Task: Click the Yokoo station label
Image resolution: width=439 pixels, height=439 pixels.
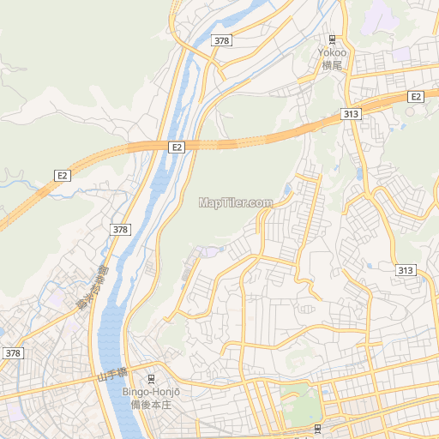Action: (332, 51)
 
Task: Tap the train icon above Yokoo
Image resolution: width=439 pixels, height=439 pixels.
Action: (333, 39)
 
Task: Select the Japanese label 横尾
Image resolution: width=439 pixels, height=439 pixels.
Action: (332, 63)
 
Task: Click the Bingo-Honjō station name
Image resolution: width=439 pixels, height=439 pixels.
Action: (152, 392)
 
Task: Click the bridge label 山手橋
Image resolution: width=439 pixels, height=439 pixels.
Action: (111, 374)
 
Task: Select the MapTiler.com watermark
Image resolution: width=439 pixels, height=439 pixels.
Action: (235, 203)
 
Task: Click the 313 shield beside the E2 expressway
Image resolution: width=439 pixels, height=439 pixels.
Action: (350, 113)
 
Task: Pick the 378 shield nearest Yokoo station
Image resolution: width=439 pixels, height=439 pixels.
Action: (222, 40)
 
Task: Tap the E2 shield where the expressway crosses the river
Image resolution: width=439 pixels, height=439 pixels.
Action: (177, 147)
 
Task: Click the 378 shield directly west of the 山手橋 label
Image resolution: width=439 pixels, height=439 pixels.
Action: (12, 353)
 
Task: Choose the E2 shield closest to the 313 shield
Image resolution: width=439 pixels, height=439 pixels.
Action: (416, 96)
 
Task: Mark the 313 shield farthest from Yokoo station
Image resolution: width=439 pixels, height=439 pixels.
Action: (406, 270)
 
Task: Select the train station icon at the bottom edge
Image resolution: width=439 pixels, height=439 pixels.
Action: (317, 428)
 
